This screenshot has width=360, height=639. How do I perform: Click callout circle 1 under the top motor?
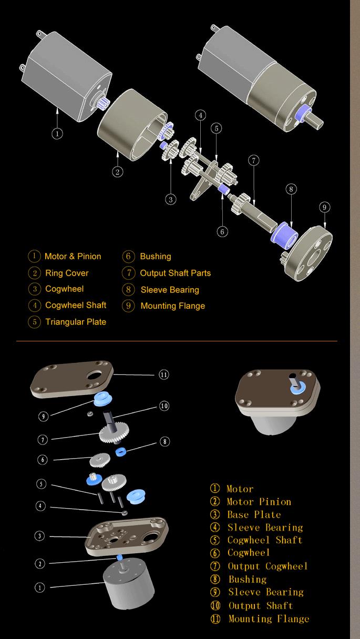tap(57, 134)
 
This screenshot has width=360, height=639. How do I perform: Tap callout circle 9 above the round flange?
tap(324, 207)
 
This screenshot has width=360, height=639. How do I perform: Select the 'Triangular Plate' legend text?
tap(76, 322)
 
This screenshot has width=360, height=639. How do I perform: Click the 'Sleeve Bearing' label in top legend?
tap(170, 290)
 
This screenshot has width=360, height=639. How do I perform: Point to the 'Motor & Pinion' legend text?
tap(73, 257)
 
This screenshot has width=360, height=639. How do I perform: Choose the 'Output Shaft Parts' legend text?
tap(175, 273)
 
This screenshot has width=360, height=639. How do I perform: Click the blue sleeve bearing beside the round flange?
tap(283, 233)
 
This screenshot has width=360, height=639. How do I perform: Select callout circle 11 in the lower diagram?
tap(164, 375)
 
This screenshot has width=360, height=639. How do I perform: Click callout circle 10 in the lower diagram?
tap(164, 405)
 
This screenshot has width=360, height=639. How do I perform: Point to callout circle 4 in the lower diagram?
tap(40, 506)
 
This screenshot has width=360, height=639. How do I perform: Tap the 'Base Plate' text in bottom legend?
tap(254, 515)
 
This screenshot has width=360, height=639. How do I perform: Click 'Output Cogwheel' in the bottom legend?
tap(267, 566)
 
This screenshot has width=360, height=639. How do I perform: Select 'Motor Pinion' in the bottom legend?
tap(259, 502)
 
